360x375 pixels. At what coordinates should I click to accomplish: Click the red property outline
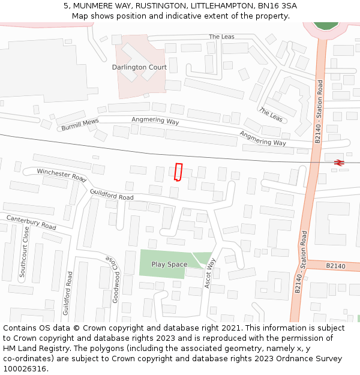click(178, 172)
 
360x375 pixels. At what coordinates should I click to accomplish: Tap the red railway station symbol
click(339, 162)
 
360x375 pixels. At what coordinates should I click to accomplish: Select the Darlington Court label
click(139, 67)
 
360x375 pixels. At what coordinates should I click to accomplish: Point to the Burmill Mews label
click(80, 125)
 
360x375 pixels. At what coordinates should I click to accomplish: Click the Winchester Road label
click(62, 175)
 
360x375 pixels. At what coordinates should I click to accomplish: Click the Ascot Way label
click(209, 273)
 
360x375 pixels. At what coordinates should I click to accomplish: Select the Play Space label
click(169, 264)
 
